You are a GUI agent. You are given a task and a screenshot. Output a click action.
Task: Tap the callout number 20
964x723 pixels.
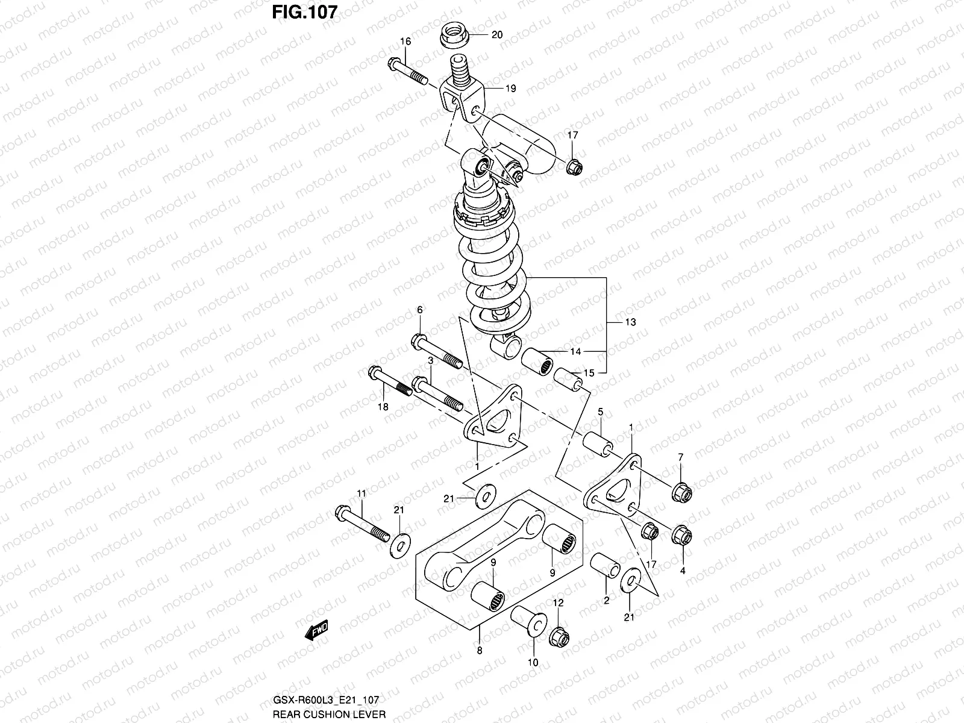pos(496,35)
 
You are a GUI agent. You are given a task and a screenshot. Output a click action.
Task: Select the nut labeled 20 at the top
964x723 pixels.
pos(454,36)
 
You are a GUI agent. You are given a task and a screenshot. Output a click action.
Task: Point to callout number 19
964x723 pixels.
pos(510,89)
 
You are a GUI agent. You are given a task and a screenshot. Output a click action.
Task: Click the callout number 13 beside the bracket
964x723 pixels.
pos(630,322)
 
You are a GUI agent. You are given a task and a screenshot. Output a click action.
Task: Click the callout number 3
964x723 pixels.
pos(431,360)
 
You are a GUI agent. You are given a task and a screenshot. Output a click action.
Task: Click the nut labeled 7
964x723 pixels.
pos(681,492)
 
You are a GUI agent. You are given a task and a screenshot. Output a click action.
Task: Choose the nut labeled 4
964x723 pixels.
pos(681,535)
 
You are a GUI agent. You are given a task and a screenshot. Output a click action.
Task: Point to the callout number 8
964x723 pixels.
pos(479,650)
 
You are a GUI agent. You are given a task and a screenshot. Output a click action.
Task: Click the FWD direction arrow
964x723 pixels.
pos(316,631)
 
